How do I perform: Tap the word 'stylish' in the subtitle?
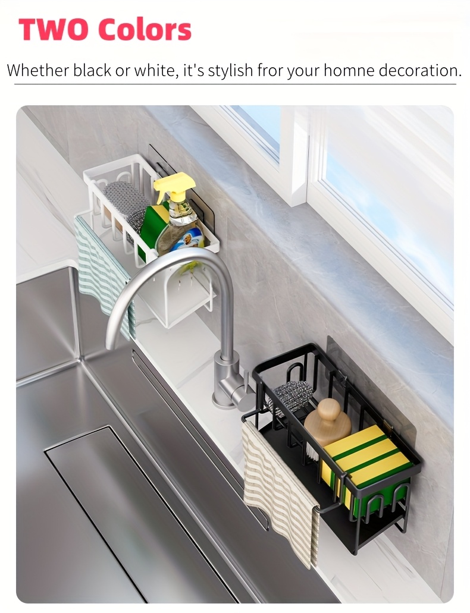230,71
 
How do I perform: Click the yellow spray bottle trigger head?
174,186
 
